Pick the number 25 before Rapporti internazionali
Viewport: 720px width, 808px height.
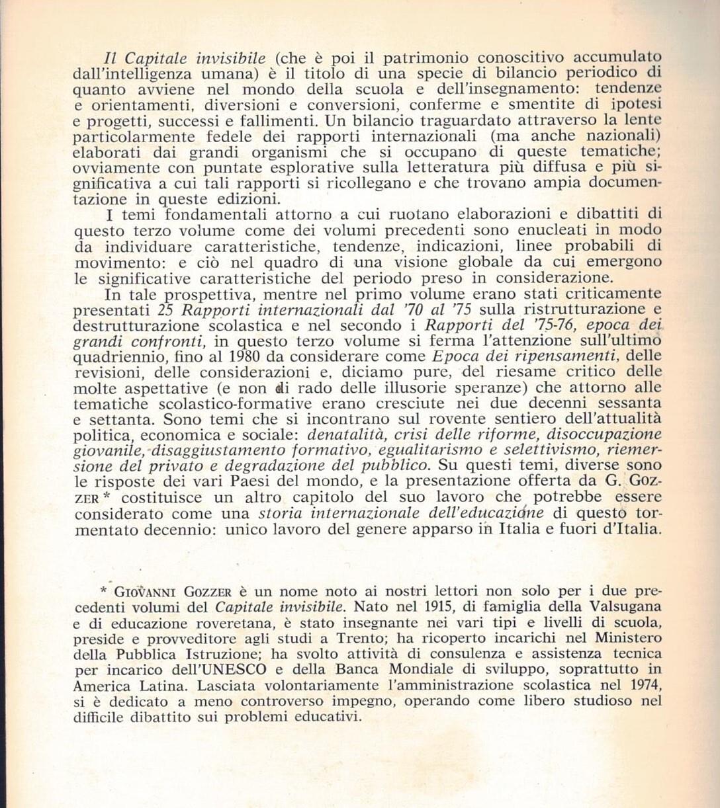coord(165,309)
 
